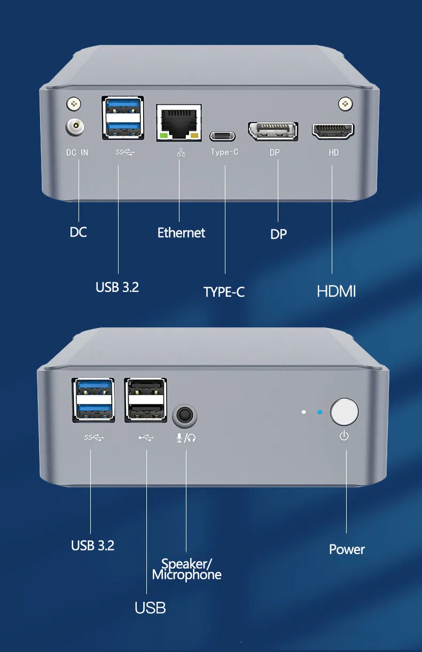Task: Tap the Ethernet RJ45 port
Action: click(178, 122)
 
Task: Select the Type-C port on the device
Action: click(223, 136)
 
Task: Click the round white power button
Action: click(345, 412)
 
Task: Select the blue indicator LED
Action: click(320, 412)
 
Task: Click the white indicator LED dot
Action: click(303, 412)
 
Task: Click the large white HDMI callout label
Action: click(336, 292)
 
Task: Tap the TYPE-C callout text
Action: click(224, 292)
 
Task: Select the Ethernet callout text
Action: click(181, 233)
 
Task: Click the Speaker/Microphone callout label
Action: click(186, 569)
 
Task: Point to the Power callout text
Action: click(347, 549)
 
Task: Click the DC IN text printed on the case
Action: click(77, 152)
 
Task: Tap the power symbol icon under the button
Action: click(344, 436)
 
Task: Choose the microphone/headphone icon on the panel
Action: click(186, 438)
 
